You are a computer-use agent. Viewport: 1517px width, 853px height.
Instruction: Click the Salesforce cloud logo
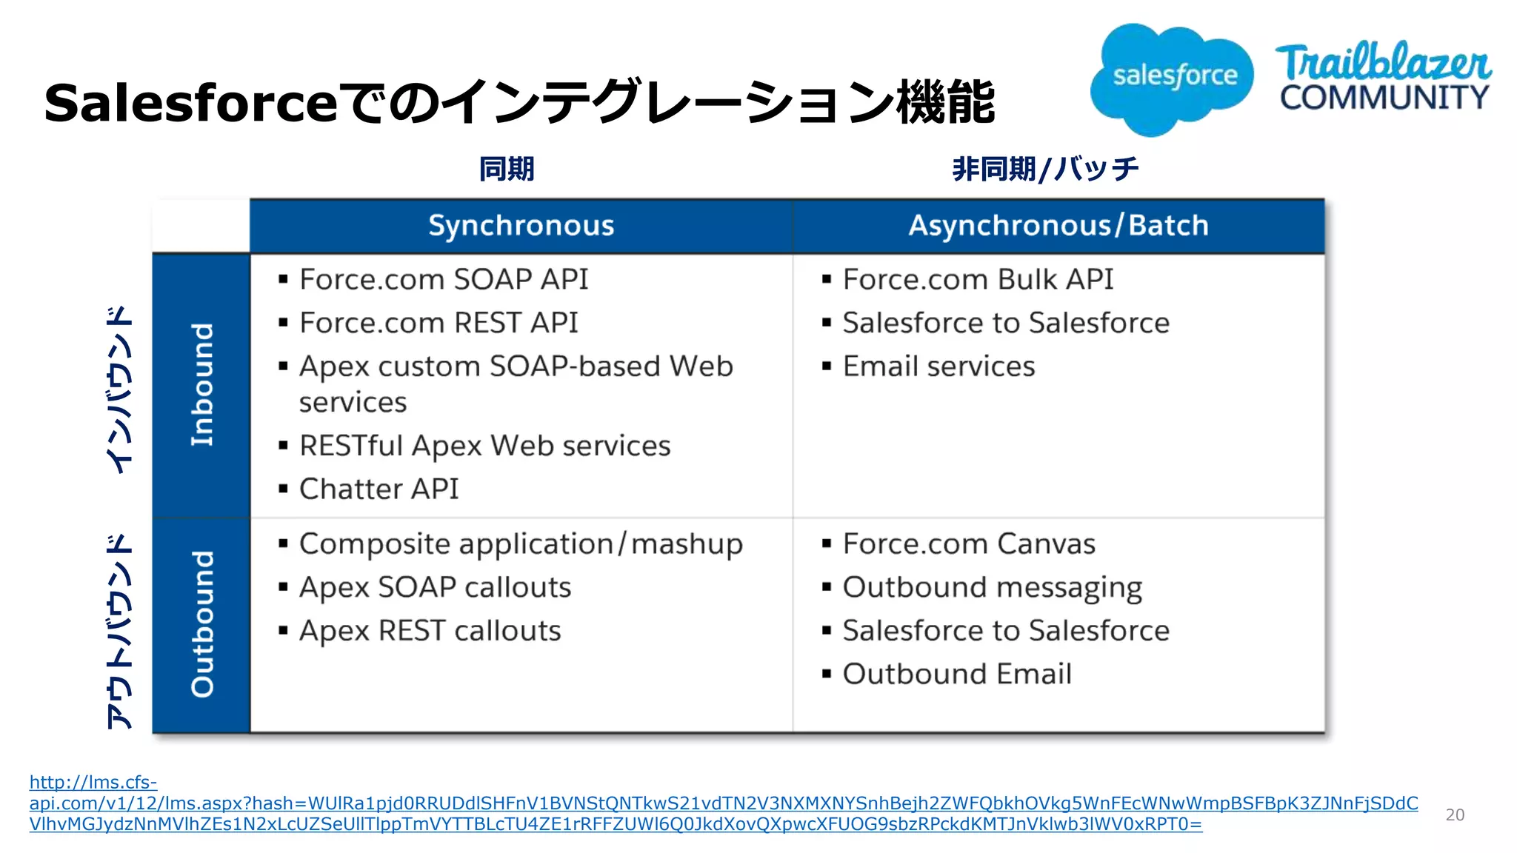click(1173, 78)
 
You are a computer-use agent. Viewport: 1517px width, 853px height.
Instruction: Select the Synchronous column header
click(521, 226)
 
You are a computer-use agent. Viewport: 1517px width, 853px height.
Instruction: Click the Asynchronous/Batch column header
click(1058, 226)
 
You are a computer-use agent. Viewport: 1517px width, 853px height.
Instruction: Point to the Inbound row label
click(201, 385)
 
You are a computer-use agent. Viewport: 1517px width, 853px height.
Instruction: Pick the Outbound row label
click(201, 624)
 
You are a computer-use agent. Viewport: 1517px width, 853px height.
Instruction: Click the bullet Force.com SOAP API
click(443, 280)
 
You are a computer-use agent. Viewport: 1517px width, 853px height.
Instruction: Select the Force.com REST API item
click(438, 323)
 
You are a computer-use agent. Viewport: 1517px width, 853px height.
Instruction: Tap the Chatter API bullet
click(379, 489)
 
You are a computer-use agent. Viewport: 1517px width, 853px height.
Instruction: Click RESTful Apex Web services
click(484, 446)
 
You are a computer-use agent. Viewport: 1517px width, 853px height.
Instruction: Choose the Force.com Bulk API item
click(977, 280)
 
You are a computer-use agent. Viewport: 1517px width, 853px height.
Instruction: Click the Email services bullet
click(938, 367)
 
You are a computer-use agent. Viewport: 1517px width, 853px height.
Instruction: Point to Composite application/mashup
click(520, 544)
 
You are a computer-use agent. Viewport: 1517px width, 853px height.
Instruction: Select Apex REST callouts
click(430, 631)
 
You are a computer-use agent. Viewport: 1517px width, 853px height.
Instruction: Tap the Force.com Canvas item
click(968, 544)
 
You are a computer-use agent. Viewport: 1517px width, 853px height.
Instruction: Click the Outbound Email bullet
click(956, 675)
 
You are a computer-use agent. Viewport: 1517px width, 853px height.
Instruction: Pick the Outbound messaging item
click(992, 588)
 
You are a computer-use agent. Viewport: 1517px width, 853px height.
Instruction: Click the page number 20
click(1454, 815)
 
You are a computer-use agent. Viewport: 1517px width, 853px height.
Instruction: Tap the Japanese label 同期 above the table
click(506, 170)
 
